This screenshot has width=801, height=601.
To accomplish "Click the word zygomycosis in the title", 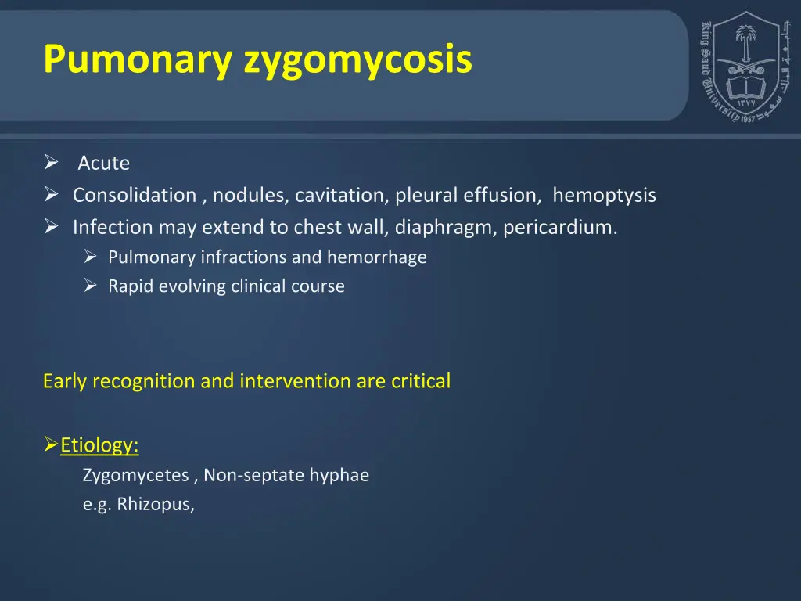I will point(358,60).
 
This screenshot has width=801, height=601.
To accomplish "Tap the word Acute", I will point(103,164).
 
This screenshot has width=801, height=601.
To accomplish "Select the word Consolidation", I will point(135,196).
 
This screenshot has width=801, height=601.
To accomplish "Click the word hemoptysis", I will point(604,196).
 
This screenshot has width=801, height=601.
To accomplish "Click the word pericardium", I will point(560,228).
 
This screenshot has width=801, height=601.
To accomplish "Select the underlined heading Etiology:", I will point(99,446).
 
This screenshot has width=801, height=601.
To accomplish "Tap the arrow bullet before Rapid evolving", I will point(91,286).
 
